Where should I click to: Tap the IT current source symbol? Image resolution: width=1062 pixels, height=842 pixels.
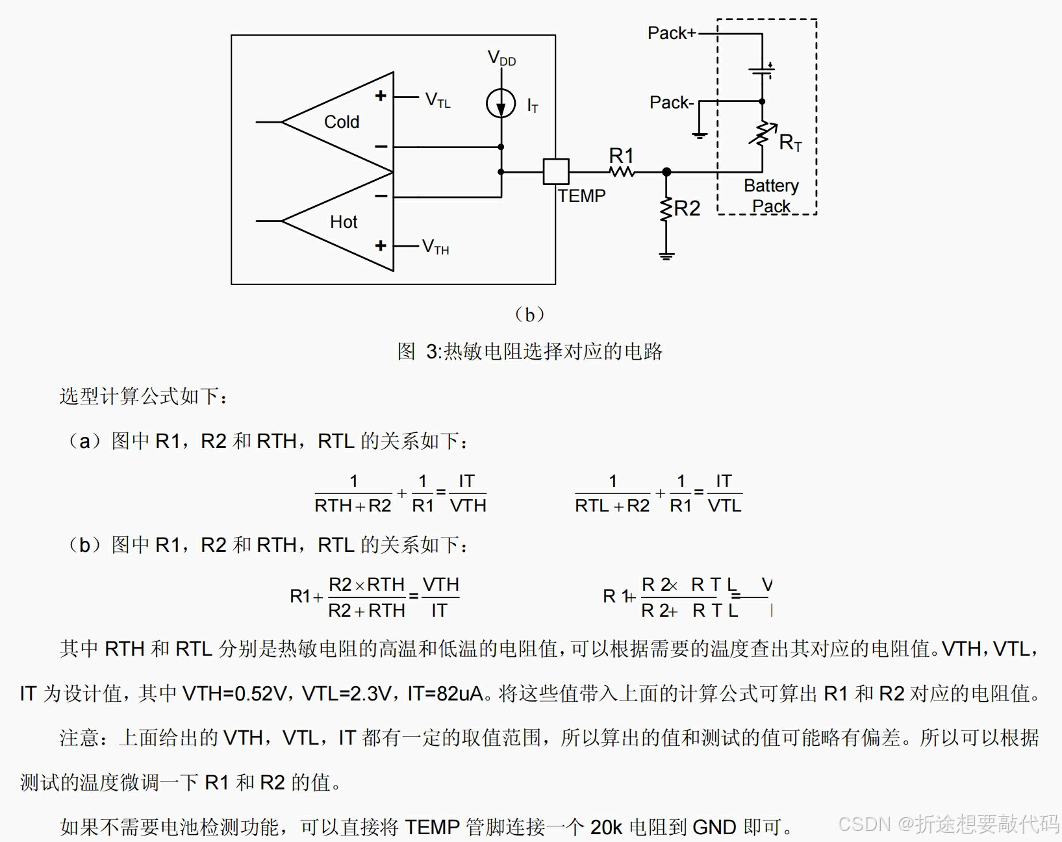[501, 104]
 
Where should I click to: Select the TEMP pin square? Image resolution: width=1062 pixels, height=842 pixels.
[556, 172]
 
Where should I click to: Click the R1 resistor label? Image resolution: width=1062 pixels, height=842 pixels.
[621, 156]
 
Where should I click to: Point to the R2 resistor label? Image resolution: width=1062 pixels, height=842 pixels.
[687, 208]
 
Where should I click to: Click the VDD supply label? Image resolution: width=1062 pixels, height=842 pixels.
[501, 59]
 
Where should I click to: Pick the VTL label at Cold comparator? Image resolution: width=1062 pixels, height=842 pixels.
[438, 100]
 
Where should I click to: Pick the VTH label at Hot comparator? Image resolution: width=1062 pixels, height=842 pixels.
[435, 247]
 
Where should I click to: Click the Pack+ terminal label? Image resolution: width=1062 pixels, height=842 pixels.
[672, 33]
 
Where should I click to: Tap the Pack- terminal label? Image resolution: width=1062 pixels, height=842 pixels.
[672, 103]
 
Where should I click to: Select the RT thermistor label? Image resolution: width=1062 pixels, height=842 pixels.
[790, 142]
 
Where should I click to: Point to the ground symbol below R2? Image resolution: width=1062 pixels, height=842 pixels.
[666, 256]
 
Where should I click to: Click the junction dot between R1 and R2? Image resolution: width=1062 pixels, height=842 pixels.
[666, 172]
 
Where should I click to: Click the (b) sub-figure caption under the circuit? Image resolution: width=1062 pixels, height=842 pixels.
[529, 315]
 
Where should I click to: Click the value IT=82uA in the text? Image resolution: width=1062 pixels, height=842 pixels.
[446, 694]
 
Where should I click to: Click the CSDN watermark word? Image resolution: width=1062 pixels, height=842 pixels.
[864, 824]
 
